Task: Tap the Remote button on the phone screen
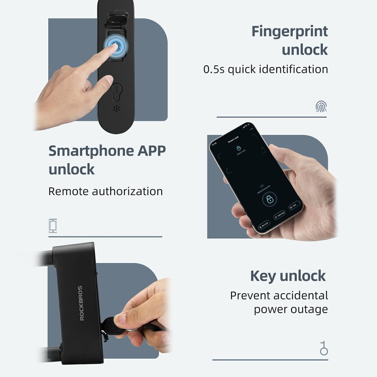[x=264, y=225]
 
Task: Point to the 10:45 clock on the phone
[x=214, y=143]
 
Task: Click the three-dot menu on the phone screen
[x=252, y=129]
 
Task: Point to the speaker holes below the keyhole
[x=116, y=108]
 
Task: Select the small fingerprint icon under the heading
[x=321, y=106]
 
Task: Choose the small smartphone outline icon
[x=53, y=226]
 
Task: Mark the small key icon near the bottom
[x=324, y=348]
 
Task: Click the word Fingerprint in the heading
[x=289, y=32]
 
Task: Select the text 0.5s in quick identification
[x=214, y=69]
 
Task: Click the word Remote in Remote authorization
[x=68, y=192]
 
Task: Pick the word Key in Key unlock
[x=263, y=276]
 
